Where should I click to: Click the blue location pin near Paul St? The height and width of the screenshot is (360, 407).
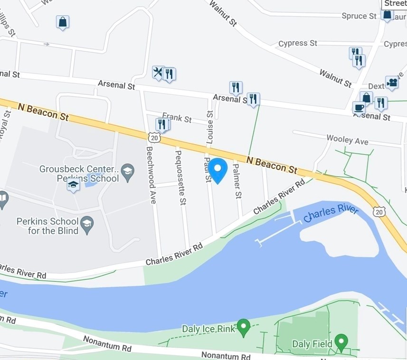[x=218, y=170]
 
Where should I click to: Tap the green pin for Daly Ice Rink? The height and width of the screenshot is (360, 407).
[x=243, y=327]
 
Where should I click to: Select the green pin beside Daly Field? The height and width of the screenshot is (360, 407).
[x=341, y=341]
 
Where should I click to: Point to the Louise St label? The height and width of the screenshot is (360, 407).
[x=210, y=127]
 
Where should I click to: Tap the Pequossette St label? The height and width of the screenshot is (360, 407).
[x=180, y=177]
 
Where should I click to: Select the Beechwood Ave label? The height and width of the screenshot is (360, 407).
[x=151, y=174]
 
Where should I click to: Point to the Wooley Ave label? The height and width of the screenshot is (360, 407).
[x=347, y=140]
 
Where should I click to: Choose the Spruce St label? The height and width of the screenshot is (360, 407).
[x=359, y=16]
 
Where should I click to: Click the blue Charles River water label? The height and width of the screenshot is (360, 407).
[x=331, y=213]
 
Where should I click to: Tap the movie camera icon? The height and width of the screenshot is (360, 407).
[x=392, y=83]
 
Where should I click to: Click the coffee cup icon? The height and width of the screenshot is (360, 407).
[x=359, y=107]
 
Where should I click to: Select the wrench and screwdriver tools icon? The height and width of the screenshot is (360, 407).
[x=158, y=73]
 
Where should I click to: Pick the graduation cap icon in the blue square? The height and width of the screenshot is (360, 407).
[x=73, y=185]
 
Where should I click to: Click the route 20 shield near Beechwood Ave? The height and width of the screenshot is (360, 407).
[x=154, y=138]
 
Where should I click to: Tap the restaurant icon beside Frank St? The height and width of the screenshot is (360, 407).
[x=162, y=124]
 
